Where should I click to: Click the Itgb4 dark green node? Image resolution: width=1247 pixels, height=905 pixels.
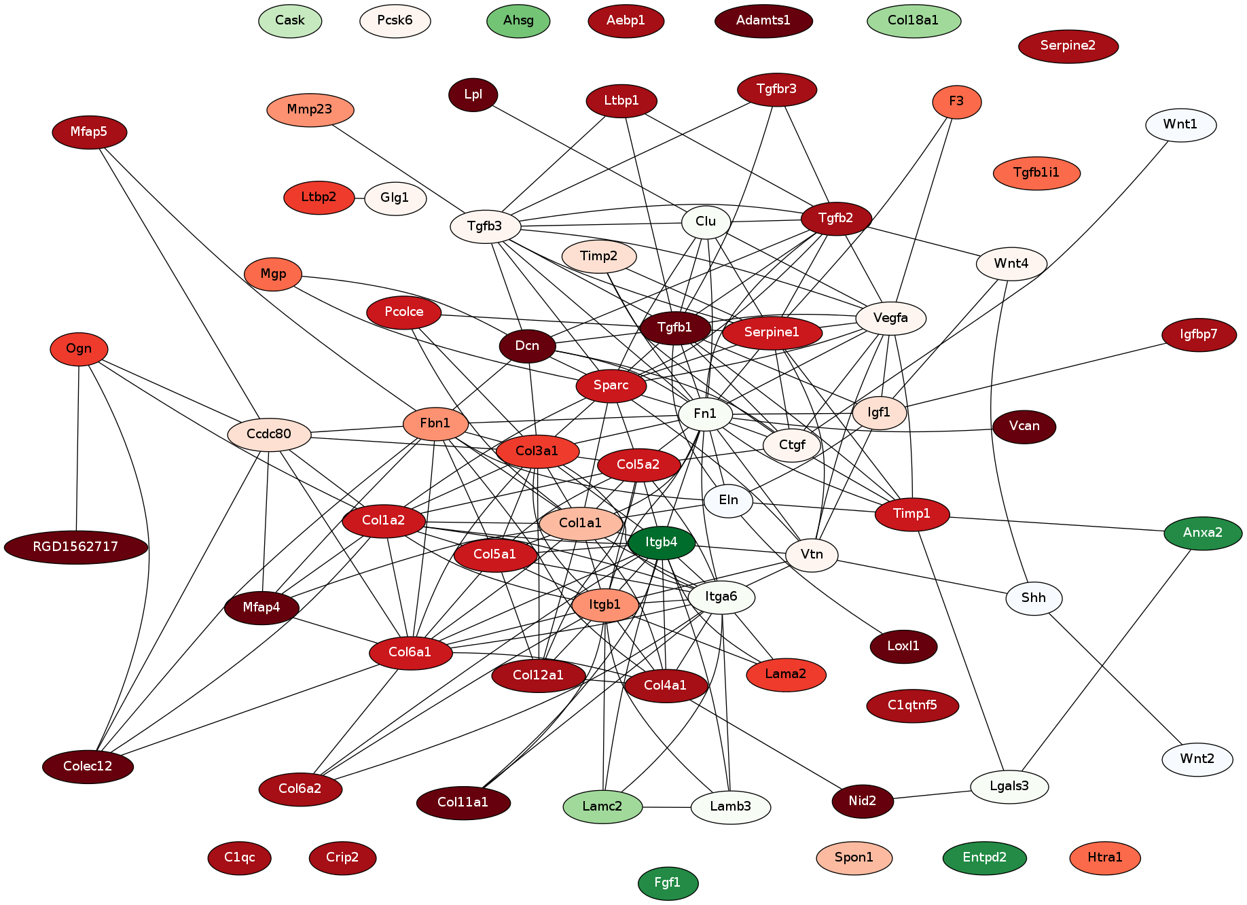pos(662,542)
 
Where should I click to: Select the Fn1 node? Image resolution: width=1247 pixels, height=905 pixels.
pos(705,414)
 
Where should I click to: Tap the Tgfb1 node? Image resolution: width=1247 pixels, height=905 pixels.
pos(675,328)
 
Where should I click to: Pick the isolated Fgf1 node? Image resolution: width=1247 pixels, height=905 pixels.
pos(668,883)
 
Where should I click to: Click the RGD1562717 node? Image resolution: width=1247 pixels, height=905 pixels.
pos(76,547)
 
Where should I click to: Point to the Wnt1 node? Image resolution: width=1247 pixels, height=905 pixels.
pos(1180,124)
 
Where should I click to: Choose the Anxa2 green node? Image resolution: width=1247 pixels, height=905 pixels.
pos(1202,533)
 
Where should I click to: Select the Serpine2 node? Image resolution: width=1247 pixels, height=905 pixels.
pos(1068,46)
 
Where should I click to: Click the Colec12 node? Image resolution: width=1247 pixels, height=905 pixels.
pos(88,766)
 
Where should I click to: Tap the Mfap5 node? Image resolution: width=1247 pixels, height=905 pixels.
pos(89,132)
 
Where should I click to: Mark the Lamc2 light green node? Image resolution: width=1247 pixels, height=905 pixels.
pos(602,806)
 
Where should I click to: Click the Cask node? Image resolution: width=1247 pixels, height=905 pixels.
pos(290,20)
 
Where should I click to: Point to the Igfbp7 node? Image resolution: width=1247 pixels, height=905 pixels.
pos(1199,334)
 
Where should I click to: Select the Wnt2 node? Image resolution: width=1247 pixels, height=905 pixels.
pos(1197,759)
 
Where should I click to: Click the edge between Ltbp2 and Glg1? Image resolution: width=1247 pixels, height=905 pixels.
pos(359,198)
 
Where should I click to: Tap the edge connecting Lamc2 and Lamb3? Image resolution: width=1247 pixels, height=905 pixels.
pos(666,807)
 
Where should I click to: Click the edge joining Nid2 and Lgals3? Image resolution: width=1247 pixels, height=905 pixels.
pos(932,794)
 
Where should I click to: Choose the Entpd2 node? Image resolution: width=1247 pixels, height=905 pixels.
pos(984,857)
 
